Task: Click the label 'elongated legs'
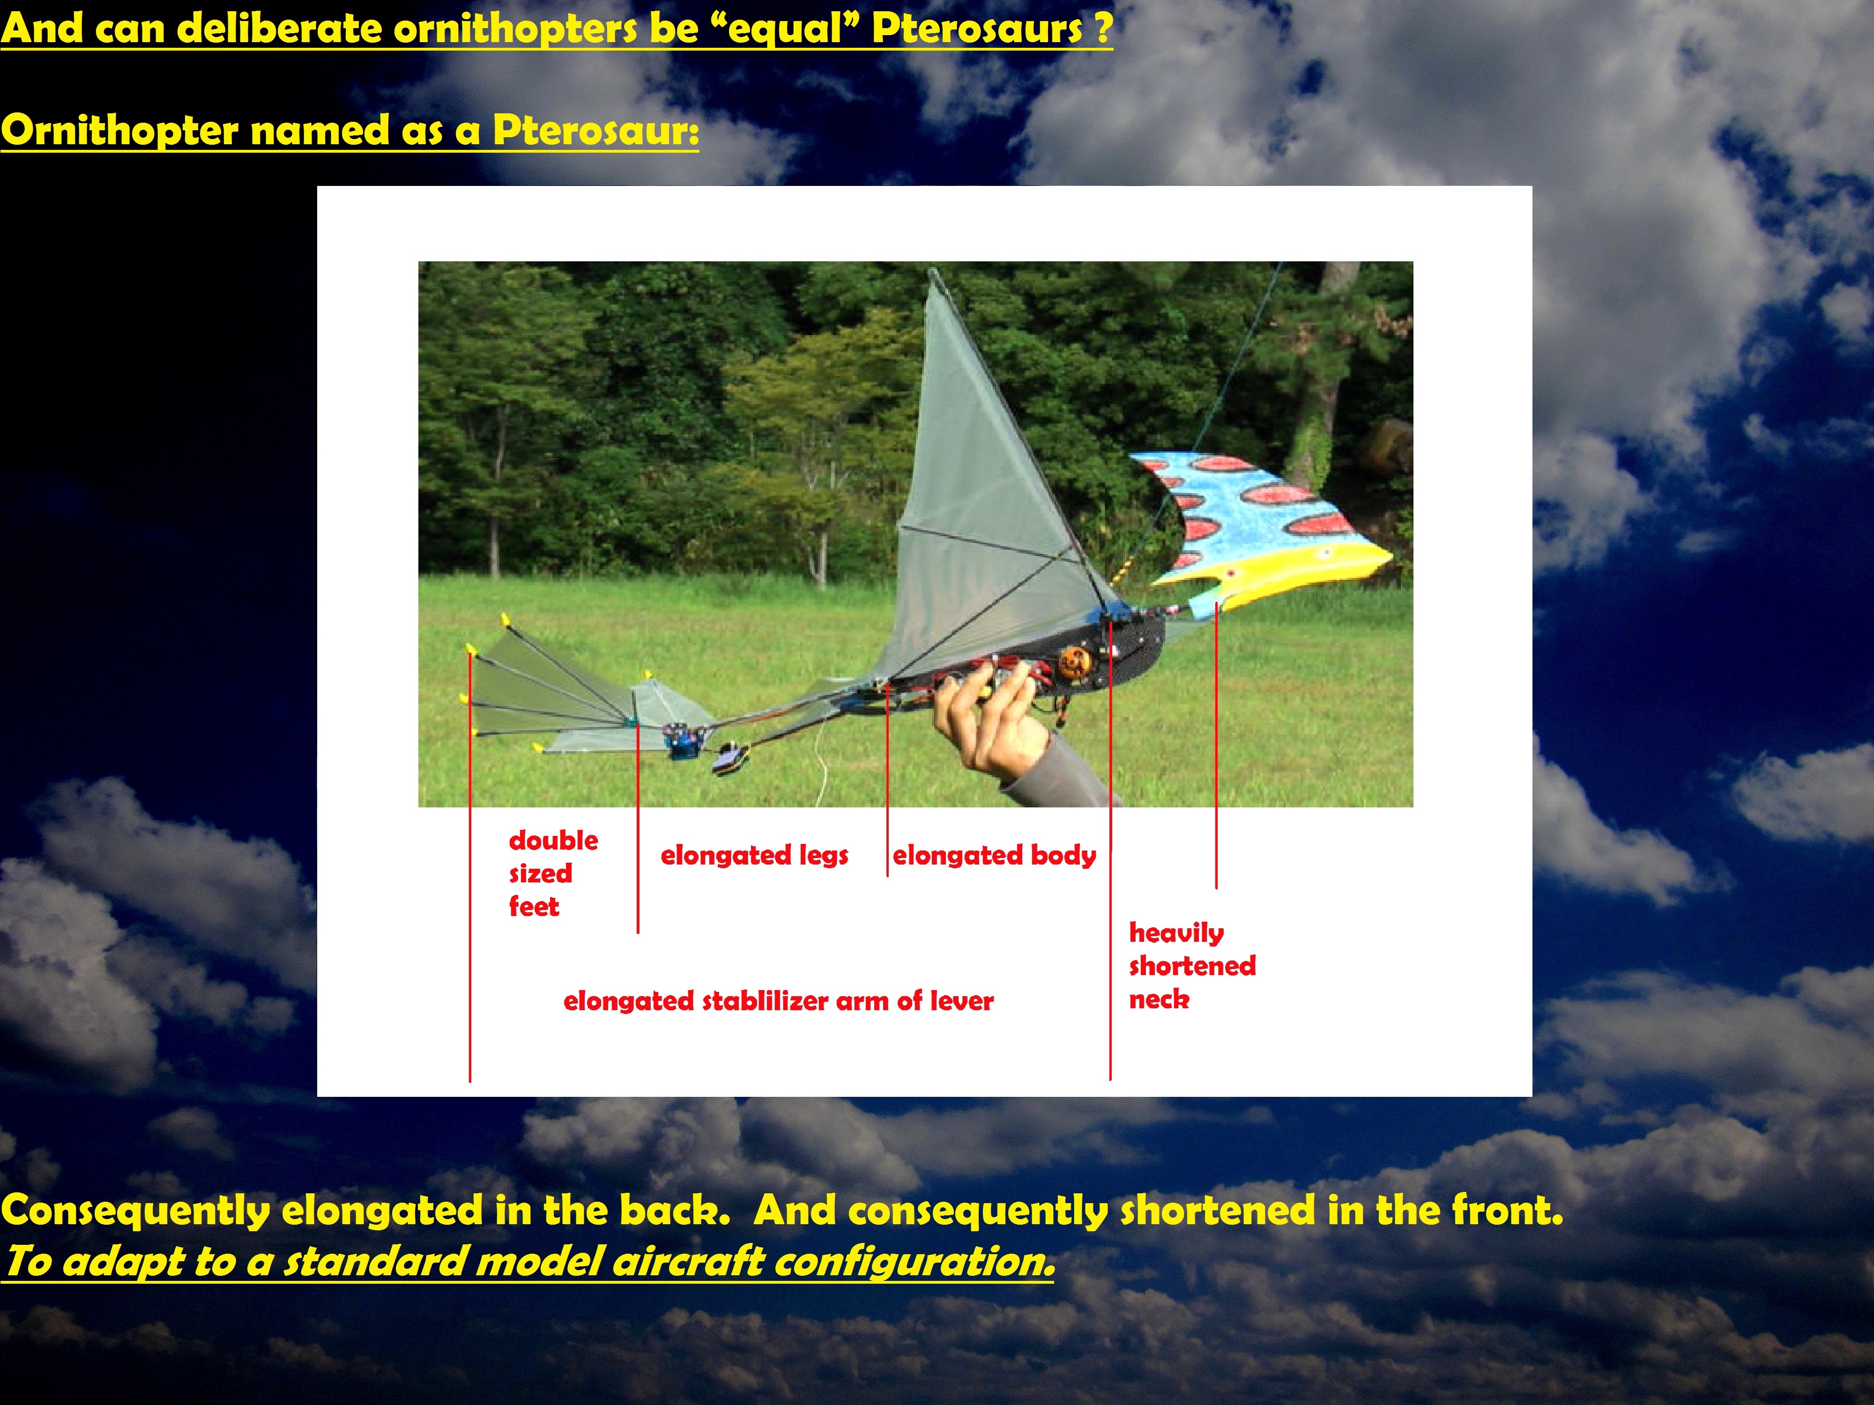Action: pos(754,855)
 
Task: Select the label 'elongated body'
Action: pos(994,855)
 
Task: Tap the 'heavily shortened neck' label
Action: pos(1192,965)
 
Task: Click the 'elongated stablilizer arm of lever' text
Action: pos(778,1001)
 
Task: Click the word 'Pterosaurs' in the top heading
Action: pos(977,28)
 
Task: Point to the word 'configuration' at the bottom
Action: pos(915,1262)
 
